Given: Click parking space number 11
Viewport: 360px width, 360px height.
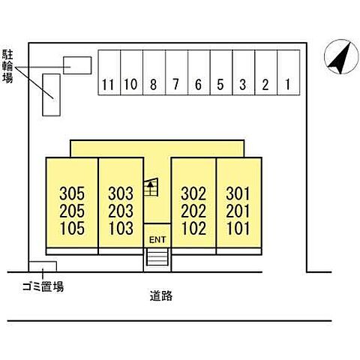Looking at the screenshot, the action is point(109,73).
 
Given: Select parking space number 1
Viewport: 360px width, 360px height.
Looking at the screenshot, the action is point(289,73).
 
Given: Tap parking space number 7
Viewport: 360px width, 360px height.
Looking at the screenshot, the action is point(176,73).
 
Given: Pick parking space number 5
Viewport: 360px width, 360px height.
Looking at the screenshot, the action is point(221,73).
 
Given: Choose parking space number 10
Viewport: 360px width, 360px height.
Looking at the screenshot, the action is point(132,73).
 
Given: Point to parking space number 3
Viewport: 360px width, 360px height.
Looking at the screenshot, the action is point(244,73).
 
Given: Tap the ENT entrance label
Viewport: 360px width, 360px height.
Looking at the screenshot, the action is point(157,240).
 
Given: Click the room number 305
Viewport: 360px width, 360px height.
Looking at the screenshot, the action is point(72,193).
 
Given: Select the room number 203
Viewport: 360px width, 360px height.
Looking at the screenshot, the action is point(121,211).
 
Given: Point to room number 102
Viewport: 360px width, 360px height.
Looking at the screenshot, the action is point(193,229).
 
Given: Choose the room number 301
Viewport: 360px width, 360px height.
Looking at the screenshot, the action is point(238,193).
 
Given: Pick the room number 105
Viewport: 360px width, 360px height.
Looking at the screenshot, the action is point(72,229).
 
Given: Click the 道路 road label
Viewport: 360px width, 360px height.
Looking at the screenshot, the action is point(161,295).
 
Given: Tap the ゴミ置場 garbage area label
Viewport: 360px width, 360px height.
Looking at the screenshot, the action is point(43,286).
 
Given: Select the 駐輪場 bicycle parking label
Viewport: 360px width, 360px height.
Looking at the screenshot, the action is point(7,66).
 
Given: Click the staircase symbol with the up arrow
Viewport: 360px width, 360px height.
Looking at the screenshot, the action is point(151,187).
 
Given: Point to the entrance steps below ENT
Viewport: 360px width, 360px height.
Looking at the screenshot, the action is point(157,257).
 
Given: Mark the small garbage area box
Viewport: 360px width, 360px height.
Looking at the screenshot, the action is point(43,266).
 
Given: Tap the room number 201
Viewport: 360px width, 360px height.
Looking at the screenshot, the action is point(238,211).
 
